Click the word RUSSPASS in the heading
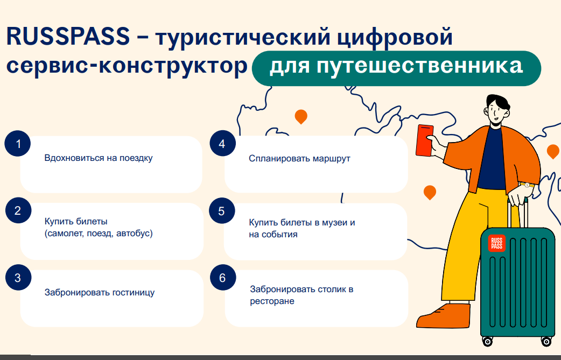point(68,37)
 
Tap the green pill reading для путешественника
point(396,68)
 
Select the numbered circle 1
point(18,144)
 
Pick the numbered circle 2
point(18,210)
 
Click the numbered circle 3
point(18,278)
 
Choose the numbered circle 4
point(222,144)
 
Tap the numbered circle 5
point(222,211)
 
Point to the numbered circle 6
point(223,278)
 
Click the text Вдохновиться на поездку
point(99,158)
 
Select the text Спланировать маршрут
point(299,158)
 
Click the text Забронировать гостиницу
point(100,292)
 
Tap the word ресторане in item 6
point(272,301)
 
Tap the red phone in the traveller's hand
point(425,140)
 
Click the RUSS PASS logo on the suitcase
point(496,243)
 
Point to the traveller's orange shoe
point(444,316)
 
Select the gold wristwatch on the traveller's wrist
point(527,185)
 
